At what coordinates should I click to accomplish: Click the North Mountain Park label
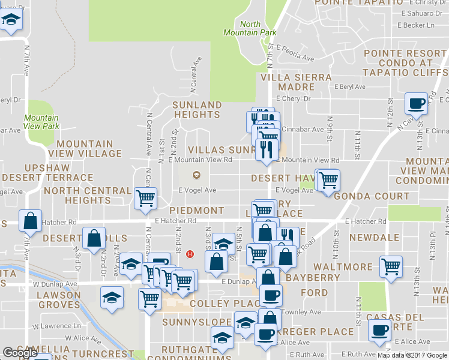(250, 29)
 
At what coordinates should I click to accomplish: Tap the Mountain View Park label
(41, 122)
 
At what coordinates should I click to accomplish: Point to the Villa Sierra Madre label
(296, 82)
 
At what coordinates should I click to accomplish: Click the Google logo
(19, 353)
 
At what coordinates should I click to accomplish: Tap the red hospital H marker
(190, 254)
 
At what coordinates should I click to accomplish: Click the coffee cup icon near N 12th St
(416, 103)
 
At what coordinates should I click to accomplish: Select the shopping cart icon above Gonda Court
(328, 179)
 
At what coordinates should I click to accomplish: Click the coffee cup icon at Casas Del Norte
(379, 329)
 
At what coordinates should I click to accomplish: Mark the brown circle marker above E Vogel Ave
(194, 175)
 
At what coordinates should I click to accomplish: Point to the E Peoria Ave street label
(295, 54)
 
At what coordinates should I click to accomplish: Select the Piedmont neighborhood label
(196, 211)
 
